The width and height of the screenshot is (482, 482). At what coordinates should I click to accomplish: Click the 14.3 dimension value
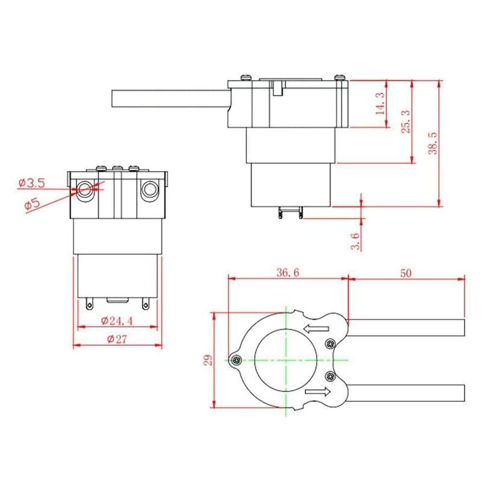[x=380, y=104]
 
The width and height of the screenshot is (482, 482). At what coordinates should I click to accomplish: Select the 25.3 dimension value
[x=406, y=122]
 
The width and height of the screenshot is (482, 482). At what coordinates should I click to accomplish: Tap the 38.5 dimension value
[x=433, y=143]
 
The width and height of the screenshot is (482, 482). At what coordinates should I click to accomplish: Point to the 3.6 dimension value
[x=355, y=241]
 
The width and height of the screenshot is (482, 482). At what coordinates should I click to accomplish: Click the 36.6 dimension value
[x=288, y=272]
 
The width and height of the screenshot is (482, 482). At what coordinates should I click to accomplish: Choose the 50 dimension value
[x=405, y=273]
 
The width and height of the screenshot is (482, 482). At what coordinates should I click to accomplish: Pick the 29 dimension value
[x=208, y=360]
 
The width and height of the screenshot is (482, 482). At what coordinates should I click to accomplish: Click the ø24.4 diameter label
[x=117, y=321]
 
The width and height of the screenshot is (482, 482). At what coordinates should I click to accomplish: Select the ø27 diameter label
[x=117, y=339]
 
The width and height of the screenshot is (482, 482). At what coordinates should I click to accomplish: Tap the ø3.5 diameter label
[x=32, y=183]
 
